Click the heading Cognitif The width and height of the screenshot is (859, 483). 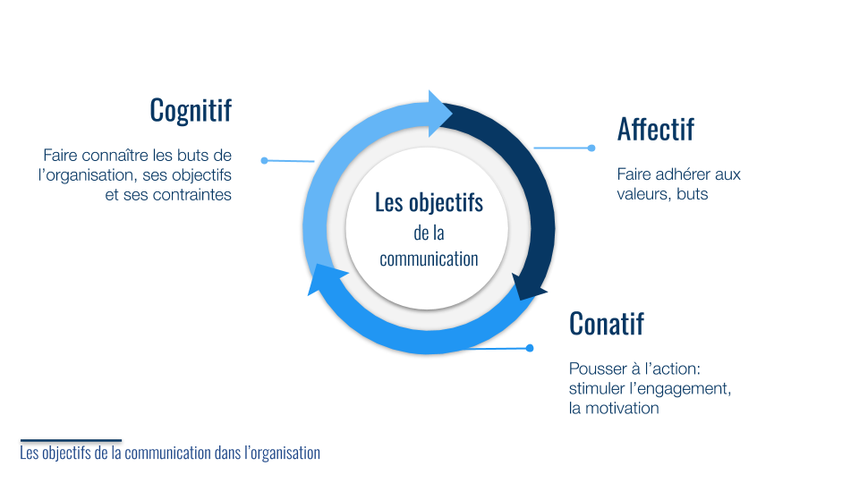tap(191, 110)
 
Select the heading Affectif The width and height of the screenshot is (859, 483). tap(655, 130)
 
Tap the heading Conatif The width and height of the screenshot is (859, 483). tap(606, 323)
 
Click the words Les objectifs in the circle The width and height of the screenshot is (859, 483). tap(429, 203)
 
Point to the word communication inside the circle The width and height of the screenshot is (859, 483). tap(429, 259)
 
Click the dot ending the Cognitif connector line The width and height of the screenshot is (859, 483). tap(264, 161)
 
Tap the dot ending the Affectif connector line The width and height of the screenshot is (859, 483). tap(591, 148)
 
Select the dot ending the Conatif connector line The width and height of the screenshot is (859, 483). tap(530, 348)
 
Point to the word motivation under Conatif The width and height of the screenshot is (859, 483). tap(624, 408)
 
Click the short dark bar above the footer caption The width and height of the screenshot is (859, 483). tap(71, 440)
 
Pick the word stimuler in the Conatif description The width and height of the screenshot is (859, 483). tap(598, 388)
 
